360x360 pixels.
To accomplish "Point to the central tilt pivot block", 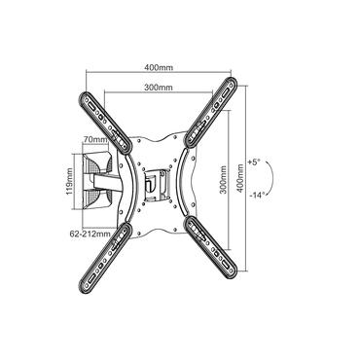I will pos(155,181).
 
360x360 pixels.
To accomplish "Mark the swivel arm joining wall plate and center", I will pos(122,179).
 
